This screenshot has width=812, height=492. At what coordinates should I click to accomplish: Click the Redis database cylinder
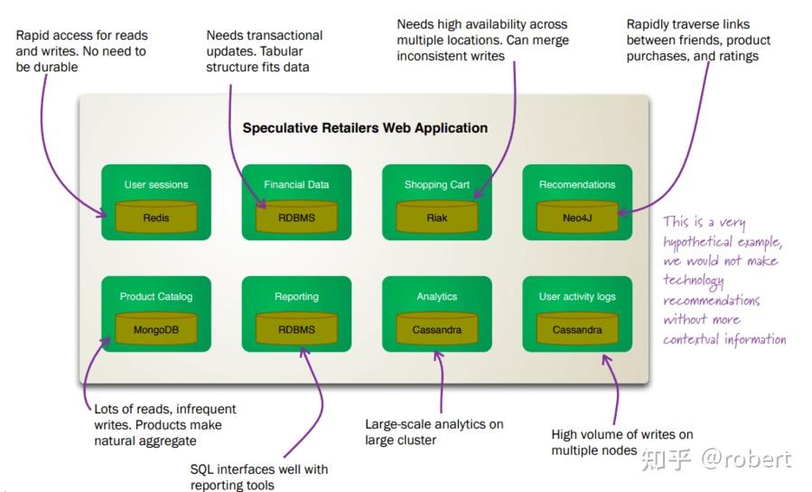(156, 217)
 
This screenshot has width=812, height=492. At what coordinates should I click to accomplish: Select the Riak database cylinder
(436, 217)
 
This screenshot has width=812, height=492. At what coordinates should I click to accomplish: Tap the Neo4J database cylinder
(577, 217)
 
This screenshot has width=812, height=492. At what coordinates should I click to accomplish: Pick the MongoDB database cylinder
(156, 329)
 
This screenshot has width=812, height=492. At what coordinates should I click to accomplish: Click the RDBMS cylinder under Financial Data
(296, 217)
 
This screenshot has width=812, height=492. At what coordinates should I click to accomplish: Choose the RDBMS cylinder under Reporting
(296, 329)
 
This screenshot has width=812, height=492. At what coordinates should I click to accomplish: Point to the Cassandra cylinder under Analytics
(436, 329)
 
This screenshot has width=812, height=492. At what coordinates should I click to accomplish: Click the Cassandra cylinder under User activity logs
(577, 329)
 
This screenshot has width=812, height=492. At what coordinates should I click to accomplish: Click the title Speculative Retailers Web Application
(365, 128)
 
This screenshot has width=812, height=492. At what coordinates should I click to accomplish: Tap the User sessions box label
(156, 185)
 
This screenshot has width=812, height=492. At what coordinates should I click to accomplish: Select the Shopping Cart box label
(436, 185)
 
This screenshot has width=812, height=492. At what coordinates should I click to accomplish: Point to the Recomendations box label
(577, 185)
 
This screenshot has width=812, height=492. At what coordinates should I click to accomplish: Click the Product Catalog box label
(156, 296)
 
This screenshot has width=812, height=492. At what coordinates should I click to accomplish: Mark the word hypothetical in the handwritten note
(697, 242)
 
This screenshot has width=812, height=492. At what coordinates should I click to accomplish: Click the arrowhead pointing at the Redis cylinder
(102, 212)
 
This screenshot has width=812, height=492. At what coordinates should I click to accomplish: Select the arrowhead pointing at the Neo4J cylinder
(623, 212)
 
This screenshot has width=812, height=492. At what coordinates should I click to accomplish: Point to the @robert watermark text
(746, 459)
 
